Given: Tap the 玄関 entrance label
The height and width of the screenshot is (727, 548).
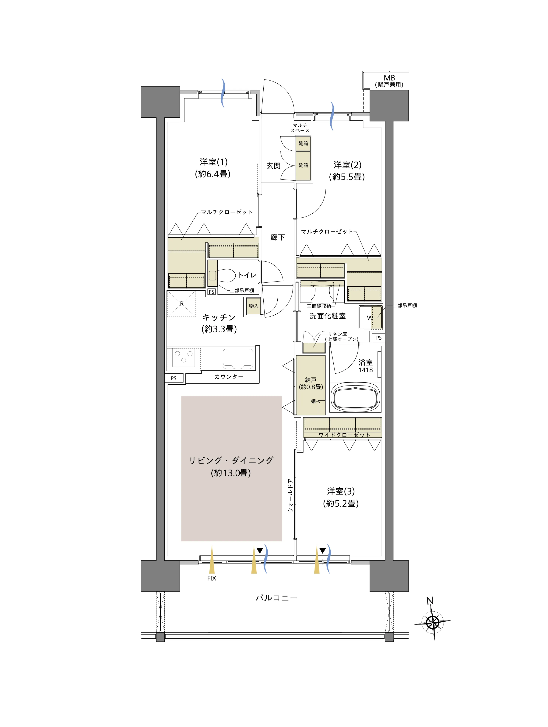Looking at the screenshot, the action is coord(273,166).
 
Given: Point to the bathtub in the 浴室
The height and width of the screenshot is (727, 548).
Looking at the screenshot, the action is coord(355,398).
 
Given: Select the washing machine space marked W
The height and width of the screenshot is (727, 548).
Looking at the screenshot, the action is coord(371,317).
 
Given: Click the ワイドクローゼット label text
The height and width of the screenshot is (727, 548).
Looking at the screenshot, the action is coord(344,435).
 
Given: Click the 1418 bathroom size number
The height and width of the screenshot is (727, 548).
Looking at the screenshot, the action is coord(366,370).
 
